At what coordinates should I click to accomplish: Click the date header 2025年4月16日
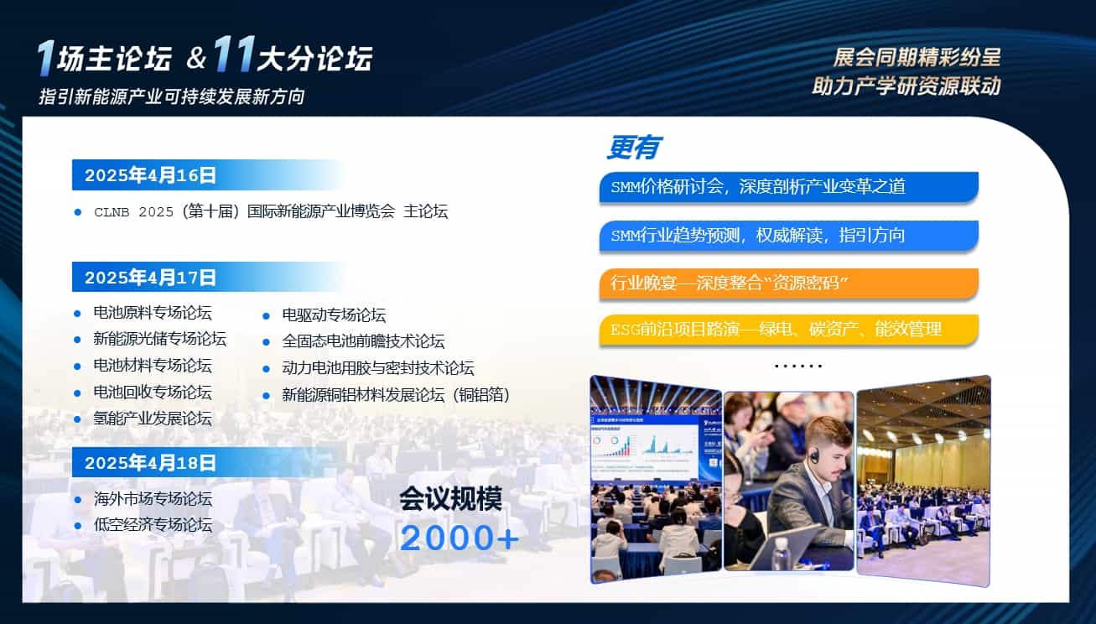click(x=207, y=174)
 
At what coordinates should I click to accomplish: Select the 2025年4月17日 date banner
click(x=207, y=277)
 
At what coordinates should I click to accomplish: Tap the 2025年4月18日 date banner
click(x=207, y=462)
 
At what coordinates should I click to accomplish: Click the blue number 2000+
click(x=459, y=538)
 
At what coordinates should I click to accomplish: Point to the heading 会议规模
click(x=450, y=499)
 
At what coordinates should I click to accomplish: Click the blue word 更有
click(x=634, y=147)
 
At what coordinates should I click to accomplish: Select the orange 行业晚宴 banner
click(x=789, y=283)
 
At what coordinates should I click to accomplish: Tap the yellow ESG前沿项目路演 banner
click(x=789, y=330)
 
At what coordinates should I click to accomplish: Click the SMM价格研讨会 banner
click(x=789, y=187)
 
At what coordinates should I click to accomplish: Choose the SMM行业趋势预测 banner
click(x=789, y=236)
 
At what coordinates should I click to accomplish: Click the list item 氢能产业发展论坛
click(x=153, y=419)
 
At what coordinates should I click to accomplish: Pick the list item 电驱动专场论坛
click(x=334, y=315)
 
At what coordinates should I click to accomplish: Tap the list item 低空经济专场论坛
click(x=153, y=525)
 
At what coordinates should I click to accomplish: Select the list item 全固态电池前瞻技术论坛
click(x=363, y=341)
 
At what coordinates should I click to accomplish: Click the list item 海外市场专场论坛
click(x=153, y=499)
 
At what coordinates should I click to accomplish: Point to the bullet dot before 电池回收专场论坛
click(x=77, y=393)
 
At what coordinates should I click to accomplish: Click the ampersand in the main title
click(x=196, y=58)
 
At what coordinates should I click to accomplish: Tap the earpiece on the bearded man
click(x=814, y=456)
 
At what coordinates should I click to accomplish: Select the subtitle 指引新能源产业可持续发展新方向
click(x=172, y=96)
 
